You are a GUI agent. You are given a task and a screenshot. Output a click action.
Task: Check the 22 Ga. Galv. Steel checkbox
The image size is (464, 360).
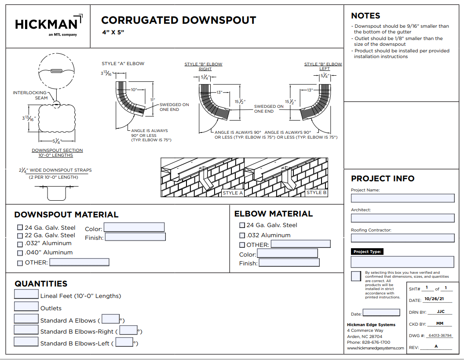pos(20,235)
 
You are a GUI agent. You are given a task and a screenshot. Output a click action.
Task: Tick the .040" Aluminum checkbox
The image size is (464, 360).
pos(20,253)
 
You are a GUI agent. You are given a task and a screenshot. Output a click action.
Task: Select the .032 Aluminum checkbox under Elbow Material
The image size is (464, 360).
pos(242,235)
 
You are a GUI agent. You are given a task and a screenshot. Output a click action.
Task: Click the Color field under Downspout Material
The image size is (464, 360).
pos(134,227)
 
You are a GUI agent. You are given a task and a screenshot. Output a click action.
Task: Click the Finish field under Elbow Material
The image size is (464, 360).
pos(289,263)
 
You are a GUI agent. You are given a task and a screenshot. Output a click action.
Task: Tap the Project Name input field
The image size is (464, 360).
pos(402,198)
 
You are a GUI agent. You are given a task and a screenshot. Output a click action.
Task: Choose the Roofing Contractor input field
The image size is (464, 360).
pos(402,238)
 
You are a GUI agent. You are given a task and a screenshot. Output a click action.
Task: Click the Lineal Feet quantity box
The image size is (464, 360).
pos(26,294)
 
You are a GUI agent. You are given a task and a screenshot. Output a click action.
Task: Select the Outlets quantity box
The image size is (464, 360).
pos(26,306)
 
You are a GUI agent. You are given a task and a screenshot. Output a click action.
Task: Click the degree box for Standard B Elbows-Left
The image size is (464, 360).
pos(124,342)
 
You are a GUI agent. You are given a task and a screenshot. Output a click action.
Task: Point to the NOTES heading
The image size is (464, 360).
pos(365,16)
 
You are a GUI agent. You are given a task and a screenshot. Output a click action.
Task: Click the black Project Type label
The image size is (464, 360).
pos(368,252)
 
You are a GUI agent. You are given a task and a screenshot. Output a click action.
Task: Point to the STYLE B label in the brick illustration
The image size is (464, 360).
pos(317,193)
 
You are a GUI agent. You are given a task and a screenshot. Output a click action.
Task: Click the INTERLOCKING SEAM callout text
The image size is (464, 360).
pos(30,95)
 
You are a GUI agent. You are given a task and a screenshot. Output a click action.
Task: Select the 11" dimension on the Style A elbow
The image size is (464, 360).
pos(153,100)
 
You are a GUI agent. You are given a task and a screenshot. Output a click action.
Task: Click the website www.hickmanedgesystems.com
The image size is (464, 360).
pos(375,348)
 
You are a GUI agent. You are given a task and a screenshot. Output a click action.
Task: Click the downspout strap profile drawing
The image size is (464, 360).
pos(56,190)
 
